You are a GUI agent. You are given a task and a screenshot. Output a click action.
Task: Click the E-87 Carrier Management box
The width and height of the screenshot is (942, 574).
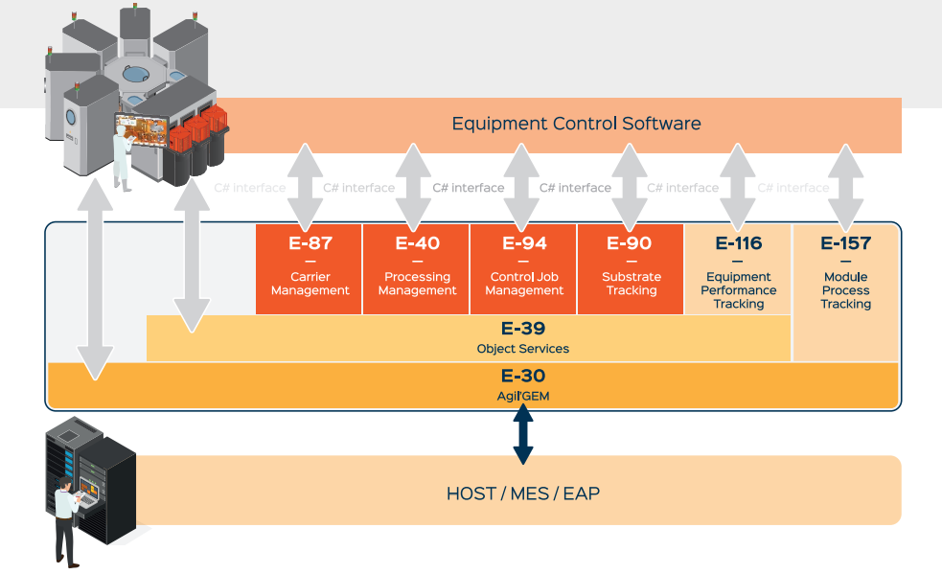click(309, 268)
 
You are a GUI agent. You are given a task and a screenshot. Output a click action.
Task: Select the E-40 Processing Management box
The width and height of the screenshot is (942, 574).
click(417, 268)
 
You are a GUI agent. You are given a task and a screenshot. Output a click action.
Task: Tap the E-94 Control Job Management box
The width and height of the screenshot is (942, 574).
click(523, 268)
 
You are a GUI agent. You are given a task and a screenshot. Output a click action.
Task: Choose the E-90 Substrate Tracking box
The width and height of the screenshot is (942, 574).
click(631, 268)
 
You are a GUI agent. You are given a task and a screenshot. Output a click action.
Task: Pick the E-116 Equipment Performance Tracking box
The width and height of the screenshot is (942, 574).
click(738, 272)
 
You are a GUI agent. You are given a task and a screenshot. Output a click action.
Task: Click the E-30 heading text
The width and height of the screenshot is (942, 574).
click(522, 377)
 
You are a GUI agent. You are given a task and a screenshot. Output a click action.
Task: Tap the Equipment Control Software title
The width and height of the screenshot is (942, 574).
click(576, 124)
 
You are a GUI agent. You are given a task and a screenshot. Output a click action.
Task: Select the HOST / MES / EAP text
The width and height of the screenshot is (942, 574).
click(522, 494)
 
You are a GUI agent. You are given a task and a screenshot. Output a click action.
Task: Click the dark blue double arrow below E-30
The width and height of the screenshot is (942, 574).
click(523, 434)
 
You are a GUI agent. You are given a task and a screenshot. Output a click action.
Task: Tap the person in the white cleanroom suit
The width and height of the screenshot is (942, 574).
click(122, 159)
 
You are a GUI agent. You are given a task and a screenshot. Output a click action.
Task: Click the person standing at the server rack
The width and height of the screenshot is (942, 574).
click(64, 517)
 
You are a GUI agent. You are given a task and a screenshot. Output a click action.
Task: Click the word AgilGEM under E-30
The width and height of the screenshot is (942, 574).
click(522, 394)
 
